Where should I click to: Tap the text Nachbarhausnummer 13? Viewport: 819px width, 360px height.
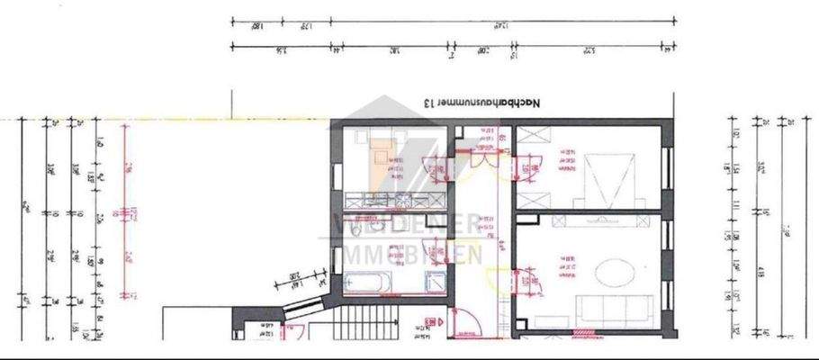(x=482, y=104)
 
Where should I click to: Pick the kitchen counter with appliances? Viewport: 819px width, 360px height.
(x=396, y=199)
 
